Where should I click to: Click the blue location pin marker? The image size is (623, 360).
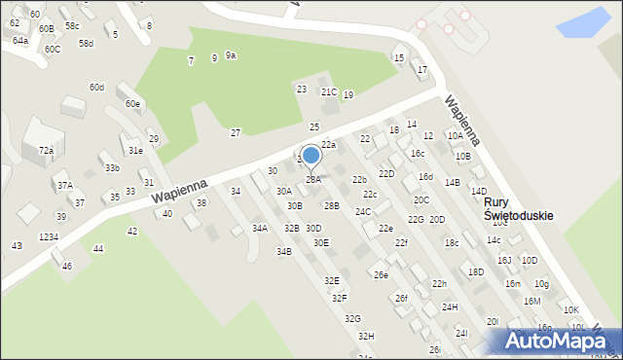pos(311,156)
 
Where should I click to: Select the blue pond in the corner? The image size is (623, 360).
pos(583,18)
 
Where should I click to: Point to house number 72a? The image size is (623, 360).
pos(46,151)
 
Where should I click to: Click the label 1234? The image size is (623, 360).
pos(49,237)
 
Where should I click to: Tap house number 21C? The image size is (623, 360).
pos(329,92)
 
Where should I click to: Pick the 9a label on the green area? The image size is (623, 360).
pos(231,55)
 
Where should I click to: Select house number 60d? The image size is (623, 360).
pos(96,88)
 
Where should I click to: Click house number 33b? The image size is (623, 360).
pos(112,168)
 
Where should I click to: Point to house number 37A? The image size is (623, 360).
pos(64,185)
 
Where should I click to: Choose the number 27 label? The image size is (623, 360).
pos(236,132)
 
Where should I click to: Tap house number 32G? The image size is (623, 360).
pos(352,319)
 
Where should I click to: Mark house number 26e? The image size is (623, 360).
pos(381,275)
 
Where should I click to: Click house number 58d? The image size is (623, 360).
pos(87,44)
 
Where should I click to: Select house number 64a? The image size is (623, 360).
pos(20,41)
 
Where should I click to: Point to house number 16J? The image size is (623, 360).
pos(504,261)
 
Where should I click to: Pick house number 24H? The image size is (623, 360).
pos(450,307)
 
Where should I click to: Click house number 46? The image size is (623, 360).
pos(67,266)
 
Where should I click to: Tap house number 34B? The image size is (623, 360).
pos(283,252)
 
